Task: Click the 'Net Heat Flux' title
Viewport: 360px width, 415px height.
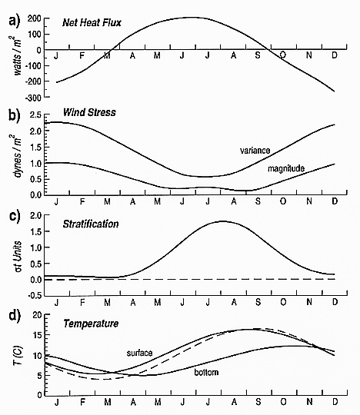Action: point(92,23)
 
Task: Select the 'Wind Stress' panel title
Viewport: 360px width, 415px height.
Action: point(89,112)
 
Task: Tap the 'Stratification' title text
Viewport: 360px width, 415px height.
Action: point(91,224)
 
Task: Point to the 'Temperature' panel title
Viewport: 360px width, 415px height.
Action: point(91,324)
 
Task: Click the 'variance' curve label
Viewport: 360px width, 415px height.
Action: point(255,151)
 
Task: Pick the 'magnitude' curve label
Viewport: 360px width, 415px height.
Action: point(286,168)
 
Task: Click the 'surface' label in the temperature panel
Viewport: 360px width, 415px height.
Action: point(139,353)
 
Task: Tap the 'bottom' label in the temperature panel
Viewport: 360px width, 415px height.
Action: point(206,373)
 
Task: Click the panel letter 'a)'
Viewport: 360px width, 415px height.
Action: point(15,22)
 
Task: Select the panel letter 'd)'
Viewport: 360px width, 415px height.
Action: point(15,316)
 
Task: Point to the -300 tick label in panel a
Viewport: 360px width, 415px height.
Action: point(33,98)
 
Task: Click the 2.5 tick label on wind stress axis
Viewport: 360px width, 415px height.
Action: point(35,115)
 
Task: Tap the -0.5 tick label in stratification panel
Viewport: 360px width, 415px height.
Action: point(35,296)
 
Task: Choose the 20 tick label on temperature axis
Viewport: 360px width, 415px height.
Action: point(37,316)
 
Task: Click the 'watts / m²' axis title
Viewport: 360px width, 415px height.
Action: point(18,55)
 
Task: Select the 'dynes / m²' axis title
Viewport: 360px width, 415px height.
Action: point(18,155)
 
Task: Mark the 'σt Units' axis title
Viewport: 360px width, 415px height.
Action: point(18,257)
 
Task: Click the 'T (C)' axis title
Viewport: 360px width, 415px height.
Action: point(18,356)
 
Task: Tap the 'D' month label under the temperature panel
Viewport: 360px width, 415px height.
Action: point(335,402)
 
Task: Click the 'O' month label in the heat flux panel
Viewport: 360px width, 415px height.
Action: point(283,55)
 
